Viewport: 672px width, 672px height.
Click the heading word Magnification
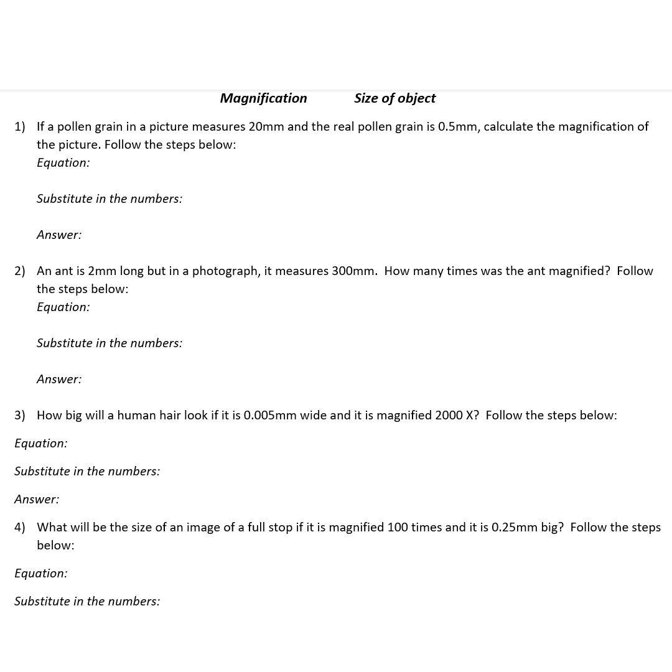point(263,98)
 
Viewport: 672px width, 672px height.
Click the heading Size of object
point(394,98)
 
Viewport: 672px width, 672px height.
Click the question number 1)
point(20,127)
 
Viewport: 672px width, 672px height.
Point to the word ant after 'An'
point(64,271)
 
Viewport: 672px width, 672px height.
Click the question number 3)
point(20,416)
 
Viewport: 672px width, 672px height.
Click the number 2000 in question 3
point(449,416)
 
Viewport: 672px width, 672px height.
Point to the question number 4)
point(20,528)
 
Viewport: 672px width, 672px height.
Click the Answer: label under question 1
point(59,235)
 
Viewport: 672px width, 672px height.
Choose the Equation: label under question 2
point(63,307)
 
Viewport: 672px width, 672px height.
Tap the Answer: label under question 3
point(37,500)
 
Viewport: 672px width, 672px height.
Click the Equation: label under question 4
point(40,574)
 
